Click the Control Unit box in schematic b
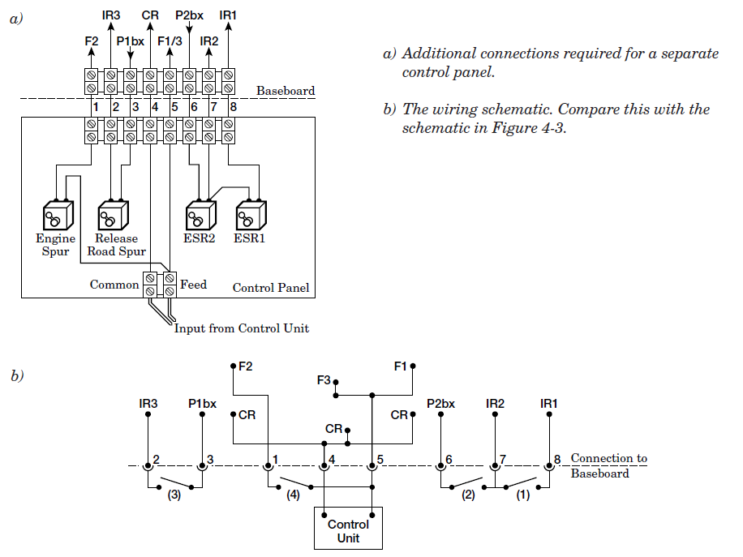point(348,529)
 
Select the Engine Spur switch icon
point(58,216)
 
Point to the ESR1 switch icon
point(250,216)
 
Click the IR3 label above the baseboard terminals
point(112,15)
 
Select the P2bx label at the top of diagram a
point(189,15)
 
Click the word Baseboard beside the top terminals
point(286,91)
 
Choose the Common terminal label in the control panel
point(114,285)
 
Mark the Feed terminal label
point(193,285)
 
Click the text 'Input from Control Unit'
point(242,328)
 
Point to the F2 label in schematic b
point(245,366)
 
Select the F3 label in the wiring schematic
point(324,379)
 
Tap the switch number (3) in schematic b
point(174,497)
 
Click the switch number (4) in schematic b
point(293,497)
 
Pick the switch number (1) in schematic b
point(522,496)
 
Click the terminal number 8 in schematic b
point(558,460)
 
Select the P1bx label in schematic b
point(202,403)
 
